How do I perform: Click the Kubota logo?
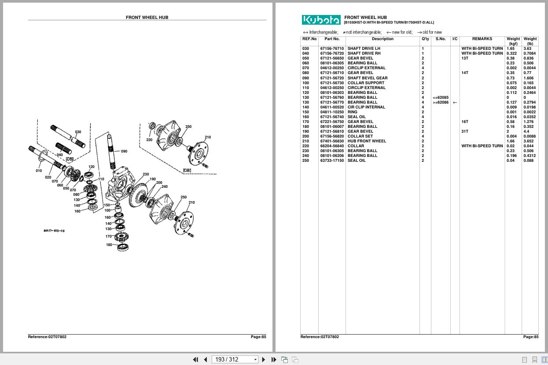[321, 20]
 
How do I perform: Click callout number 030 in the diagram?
[78, 132]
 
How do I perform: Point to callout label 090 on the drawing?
[124, 151]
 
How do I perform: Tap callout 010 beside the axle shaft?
[39, 171]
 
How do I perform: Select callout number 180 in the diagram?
[109, 245]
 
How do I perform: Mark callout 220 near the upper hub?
[149, 140]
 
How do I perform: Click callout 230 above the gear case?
[146, 175]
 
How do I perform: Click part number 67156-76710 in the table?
[332, 48]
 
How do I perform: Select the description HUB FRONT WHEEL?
[367, 141]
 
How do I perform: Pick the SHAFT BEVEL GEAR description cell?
[368, 78]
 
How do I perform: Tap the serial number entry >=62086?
[441, 102]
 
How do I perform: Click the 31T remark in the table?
[465, 131]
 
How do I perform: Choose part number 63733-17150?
[332, 160]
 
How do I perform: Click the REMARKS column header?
[482, 39]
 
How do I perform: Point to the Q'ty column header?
[425, 39]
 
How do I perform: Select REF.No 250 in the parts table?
[305, 160]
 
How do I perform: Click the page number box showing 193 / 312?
[235, 359]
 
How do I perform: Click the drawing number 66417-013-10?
[54, 231]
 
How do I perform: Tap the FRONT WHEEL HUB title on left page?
[147, 18]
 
